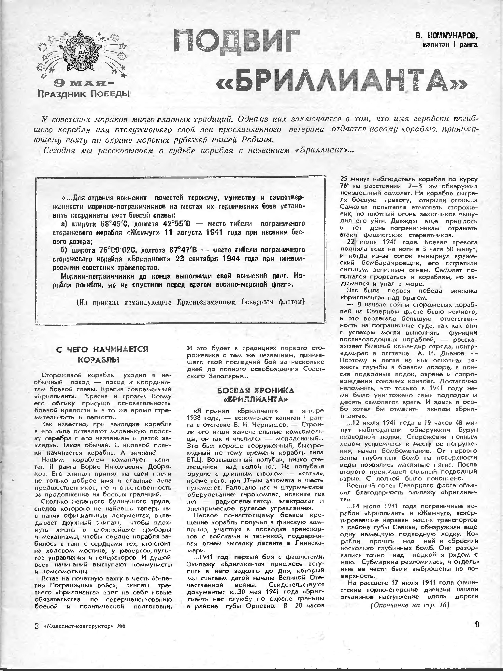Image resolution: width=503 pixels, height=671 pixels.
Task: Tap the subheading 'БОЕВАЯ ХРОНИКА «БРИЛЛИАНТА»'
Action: coord(255,395)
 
